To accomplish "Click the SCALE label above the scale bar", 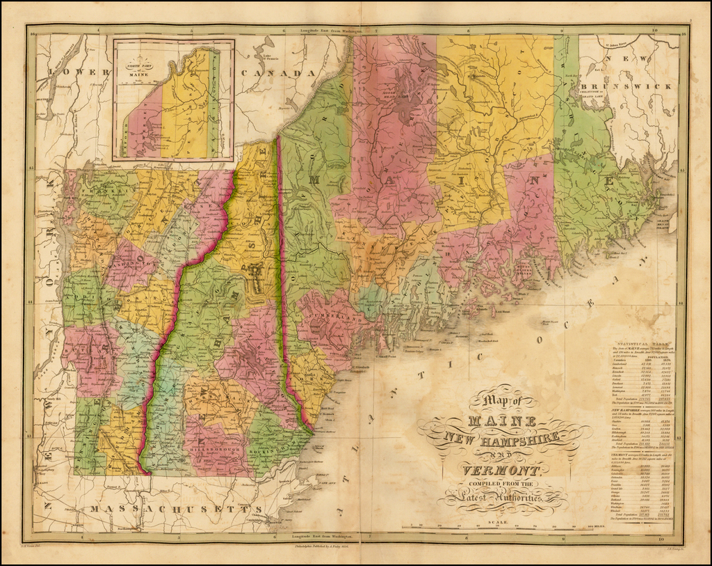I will click(496, 521).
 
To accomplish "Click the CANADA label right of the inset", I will click(272, 73).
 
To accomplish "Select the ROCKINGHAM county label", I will click(274, 448).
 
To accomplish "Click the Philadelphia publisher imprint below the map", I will click(324, 547).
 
